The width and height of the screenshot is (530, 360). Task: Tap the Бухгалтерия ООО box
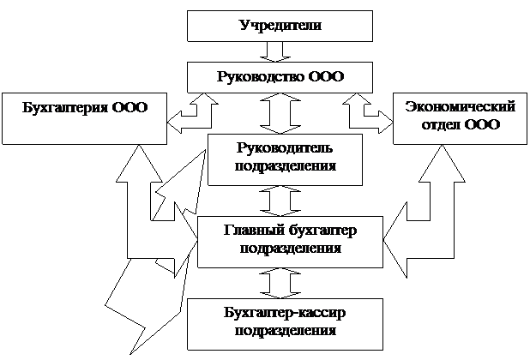click(83, 117)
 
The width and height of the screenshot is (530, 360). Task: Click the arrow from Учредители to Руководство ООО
click(276, 51)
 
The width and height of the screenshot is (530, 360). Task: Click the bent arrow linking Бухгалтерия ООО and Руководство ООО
click(192, 114)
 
